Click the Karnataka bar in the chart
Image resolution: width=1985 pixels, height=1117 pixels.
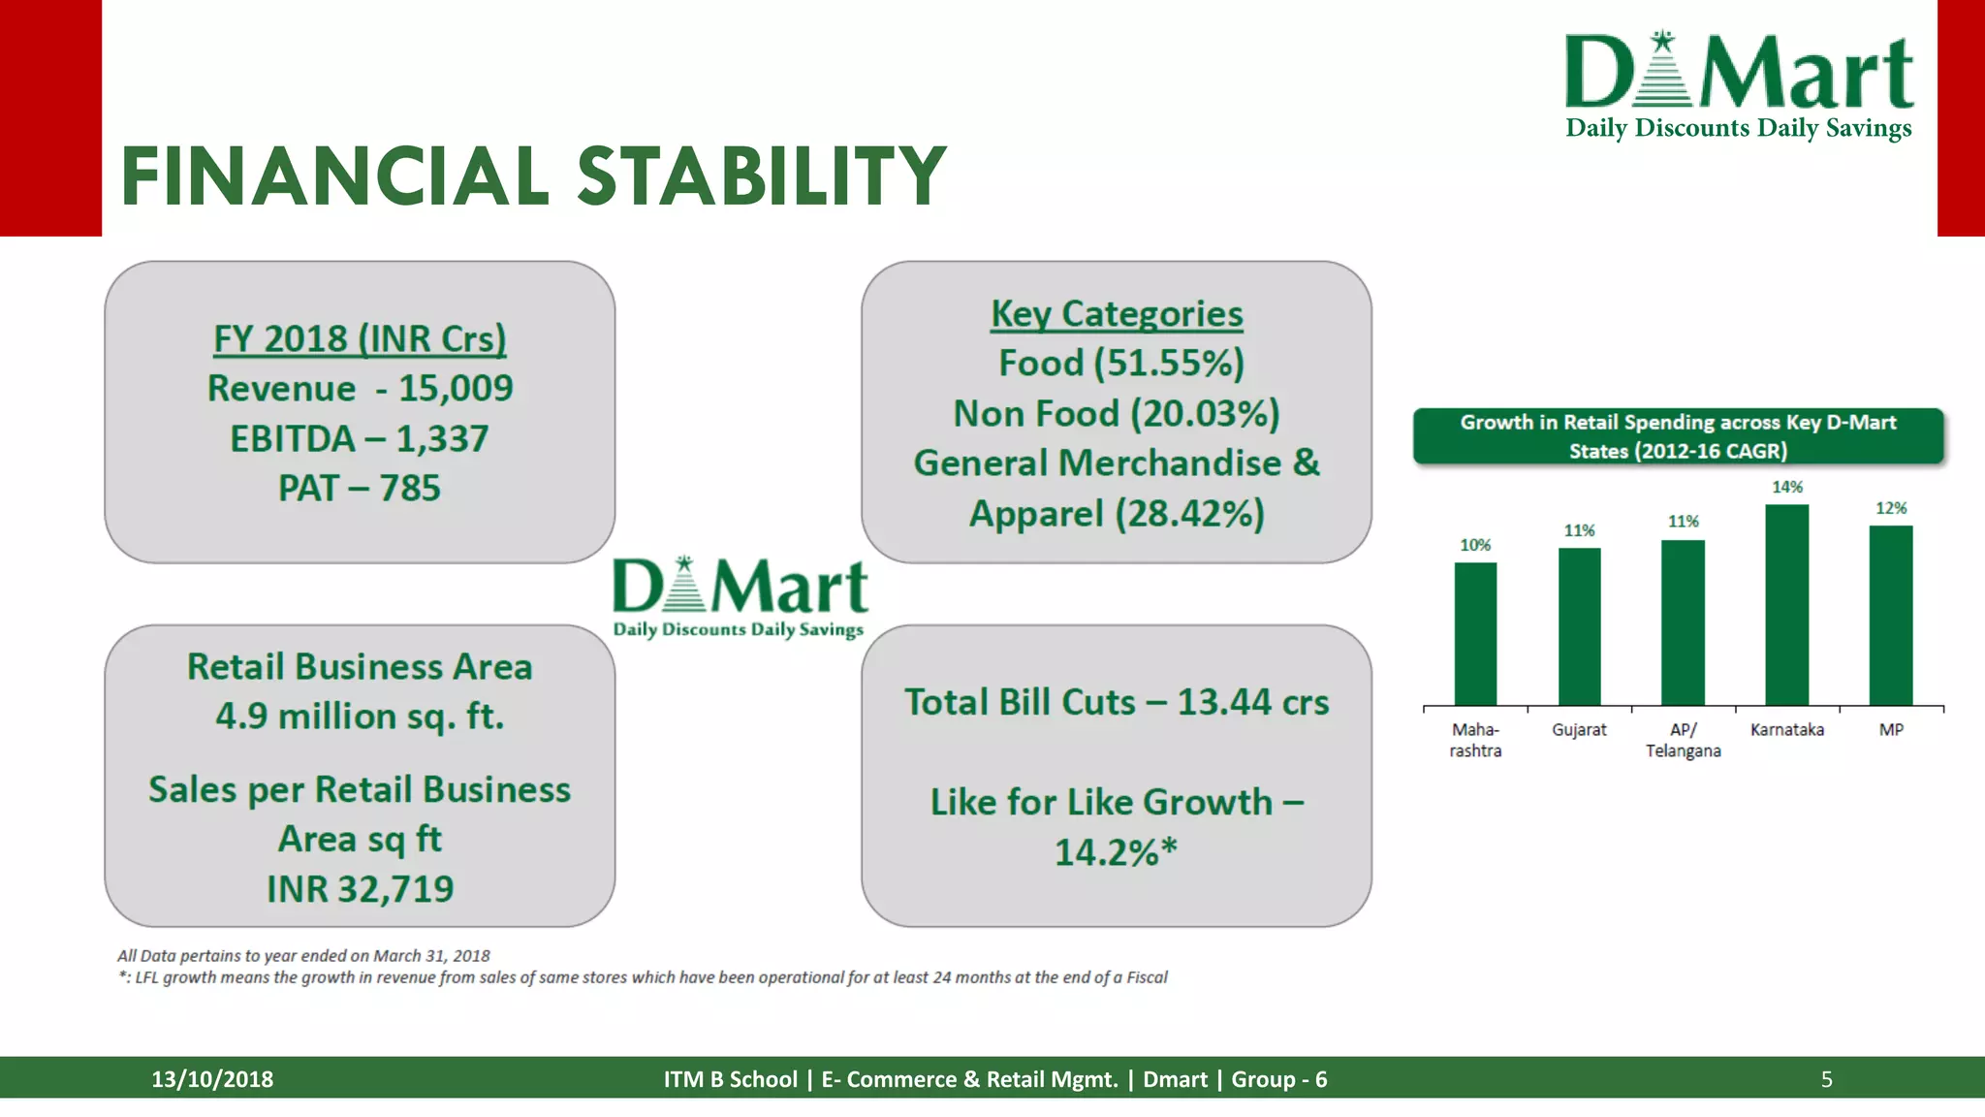[x=1786, y=604]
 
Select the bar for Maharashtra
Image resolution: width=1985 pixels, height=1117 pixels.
[x=1475, y=633]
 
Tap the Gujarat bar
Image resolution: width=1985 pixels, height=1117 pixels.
[x=1579, y=626]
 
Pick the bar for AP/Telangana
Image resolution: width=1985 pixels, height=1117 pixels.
[x=1683, y=622]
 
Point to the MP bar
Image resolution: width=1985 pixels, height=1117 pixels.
[x=1891, y=615]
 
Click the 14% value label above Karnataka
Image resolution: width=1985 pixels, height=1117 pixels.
[x=1787, y=487]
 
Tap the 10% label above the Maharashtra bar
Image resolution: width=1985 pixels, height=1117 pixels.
[x=1475, y=545]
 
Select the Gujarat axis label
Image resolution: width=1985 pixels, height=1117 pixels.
[x=1579, y=729]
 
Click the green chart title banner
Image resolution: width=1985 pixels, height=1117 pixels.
[x=1678, y=436]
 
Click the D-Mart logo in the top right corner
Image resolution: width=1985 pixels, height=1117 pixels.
[x=1740, y=85]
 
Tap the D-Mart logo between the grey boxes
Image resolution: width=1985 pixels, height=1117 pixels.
[x=740, y=597]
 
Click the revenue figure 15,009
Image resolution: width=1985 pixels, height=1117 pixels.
[x=457, y=388]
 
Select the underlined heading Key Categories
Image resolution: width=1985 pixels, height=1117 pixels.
[x=1117, y=314]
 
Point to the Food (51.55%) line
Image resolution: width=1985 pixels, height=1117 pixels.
[x=1121, y=364]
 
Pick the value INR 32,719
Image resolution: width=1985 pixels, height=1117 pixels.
[x=360, y=888]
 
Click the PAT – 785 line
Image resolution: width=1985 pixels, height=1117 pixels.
[x=360, y=488]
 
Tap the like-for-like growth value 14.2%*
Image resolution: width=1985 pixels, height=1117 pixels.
[x=1116, y=852]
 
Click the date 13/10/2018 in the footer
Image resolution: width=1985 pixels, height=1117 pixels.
[x=212, y=1079]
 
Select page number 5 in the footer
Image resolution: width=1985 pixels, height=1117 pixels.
[x=1826, y=1079]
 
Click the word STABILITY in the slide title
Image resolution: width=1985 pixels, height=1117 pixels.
[x=762, y=176]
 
